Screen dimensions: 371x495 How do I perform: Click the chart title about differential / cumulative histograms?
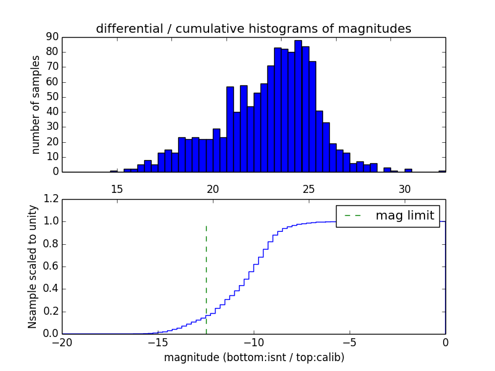coord(253,28)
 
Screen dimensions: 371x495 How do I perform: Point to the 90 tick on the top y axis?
coord(51,37)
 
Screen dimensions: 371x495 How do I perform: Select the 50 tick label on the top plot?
coord(51,97)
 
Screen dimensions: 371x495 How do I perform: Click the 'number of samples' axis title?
coord(36,104)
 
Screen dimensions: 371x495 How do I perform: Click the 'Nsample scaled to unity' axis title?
coord(33,266)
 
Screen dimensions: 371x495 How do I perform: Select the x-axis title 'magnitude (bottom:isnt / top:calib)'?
coord(254,357)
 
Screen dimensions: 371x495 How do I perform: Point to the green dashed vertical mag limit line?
coord(206,278)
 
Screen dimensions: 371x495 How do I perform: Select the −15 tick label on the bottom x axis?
coord(158,342)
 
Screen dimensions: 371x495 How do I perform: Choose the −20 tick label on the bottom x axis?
coord(62,342)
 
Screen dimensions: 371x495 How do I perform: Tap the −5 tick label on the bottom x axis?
coord(350,342)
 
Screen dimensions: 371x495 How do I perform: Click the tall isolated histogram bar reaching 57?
coord(230,129)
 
